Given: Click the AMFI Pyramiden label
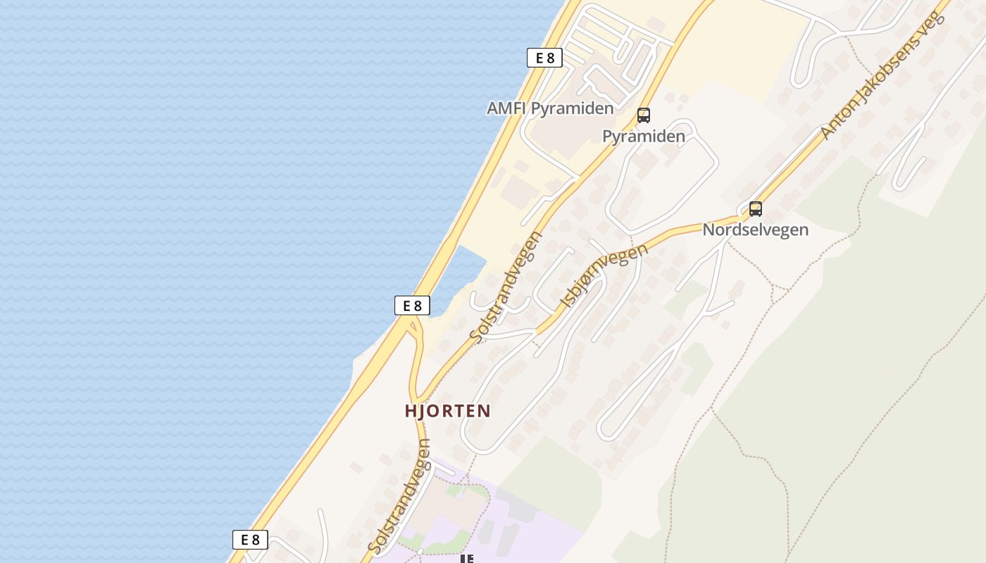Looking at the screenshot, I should click(x=550, y=109).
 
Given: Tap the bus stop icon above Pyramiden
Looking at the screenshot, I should click(x=643, y=115).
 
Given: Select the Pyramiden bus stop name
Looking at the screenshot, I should click(x=643, y=137).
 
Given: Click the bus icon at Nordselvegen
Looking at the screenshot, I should click(x=755, y=209).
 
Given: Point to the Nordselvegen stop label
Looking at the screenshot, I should click(x=755, y=230).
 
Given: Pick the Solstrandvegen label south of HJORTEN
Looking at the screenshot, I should click(x=399, y=495).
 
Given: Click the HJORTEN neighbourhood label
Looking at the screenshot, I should click(x=447, y=411).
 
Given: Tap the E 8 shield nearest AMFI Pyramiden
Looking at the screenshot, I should click(x=544, y=58).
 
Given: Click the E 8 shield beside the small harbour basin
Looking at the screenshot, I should click(x=411, y=305).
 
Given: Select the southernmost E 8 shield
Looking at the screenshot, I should click(x=250, y=540).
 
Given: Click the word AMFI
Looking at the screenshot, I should click(x=506, y=109).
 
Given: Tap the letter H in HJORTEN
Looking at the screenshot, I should click(x=411, y=411).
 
